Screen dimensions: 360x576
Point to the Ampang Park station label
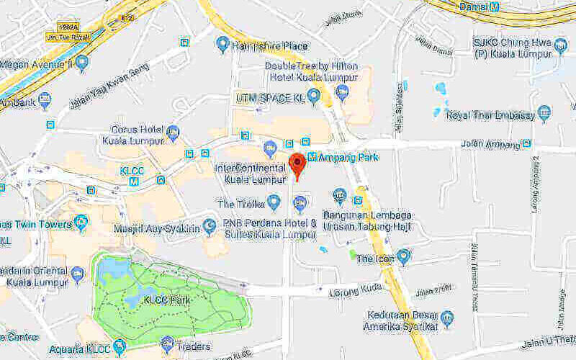pos(348,156)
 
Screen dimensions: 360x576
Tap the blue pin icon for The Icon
pos(404,256)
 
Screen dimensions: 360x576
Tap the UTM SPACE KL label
pos(270,96)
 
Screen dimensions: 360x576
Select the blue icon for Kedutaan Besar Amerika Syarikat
pos(448,317)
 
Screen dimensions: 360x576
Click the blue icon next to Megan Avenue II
pos(83,63)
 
